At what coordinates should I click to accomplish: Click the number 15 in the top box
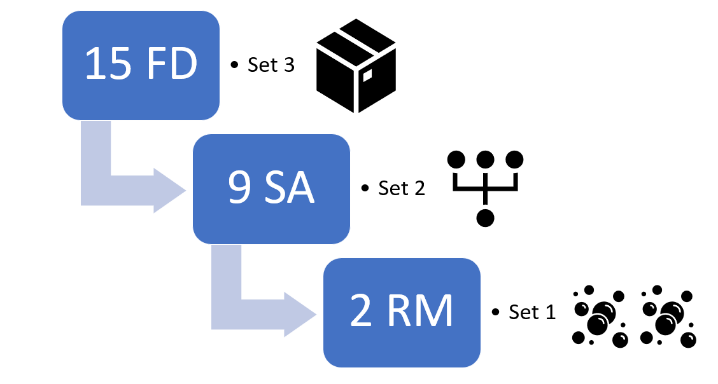[109, 64]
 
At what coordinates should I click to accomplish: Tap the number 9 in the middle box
[239, 188]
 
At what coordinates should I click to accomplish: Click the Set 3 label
[271, 65]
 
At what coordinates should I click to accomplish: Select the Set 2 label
[401, 189]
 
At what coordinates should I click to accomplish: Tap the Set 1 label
[532, 312]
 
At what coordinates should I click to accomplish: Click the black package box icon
[356, 65]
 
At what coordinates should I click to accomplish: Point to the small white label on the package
[367, 76]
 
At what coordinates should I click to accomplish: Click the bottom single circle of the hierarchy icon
[486, 217]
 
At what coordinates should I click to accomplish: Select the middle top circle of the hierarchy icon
[486, 159]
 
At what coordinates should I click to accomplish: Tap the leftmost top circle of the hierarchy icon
[457, 159]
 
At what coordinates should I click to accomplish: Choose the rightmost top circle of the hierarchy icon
[514, 159]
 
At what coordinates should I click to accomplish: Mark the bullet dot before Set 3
[234, 65]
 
